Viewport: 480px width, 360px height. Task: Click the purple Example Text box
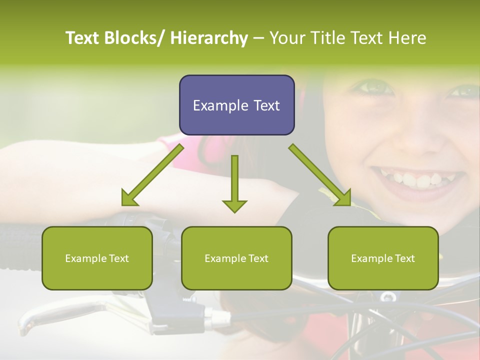236,105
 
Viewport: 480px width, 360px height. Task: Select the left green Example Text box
97,258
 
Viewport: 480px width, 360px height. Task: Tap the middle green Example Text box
236,258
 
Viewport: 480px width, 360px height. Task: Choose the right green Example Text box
383,258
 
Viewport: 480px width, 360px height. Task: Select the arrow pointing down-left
152,175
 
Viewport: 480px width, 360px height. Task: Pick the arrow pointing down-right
320,175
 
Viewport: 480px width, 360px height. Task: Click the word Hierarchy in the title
208,38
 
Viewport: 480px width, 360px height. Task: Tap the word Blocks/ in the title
134,38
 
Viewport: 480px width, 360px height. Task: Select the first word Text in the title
83,38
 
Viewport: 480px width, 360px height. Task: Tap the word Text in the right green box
404,258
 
